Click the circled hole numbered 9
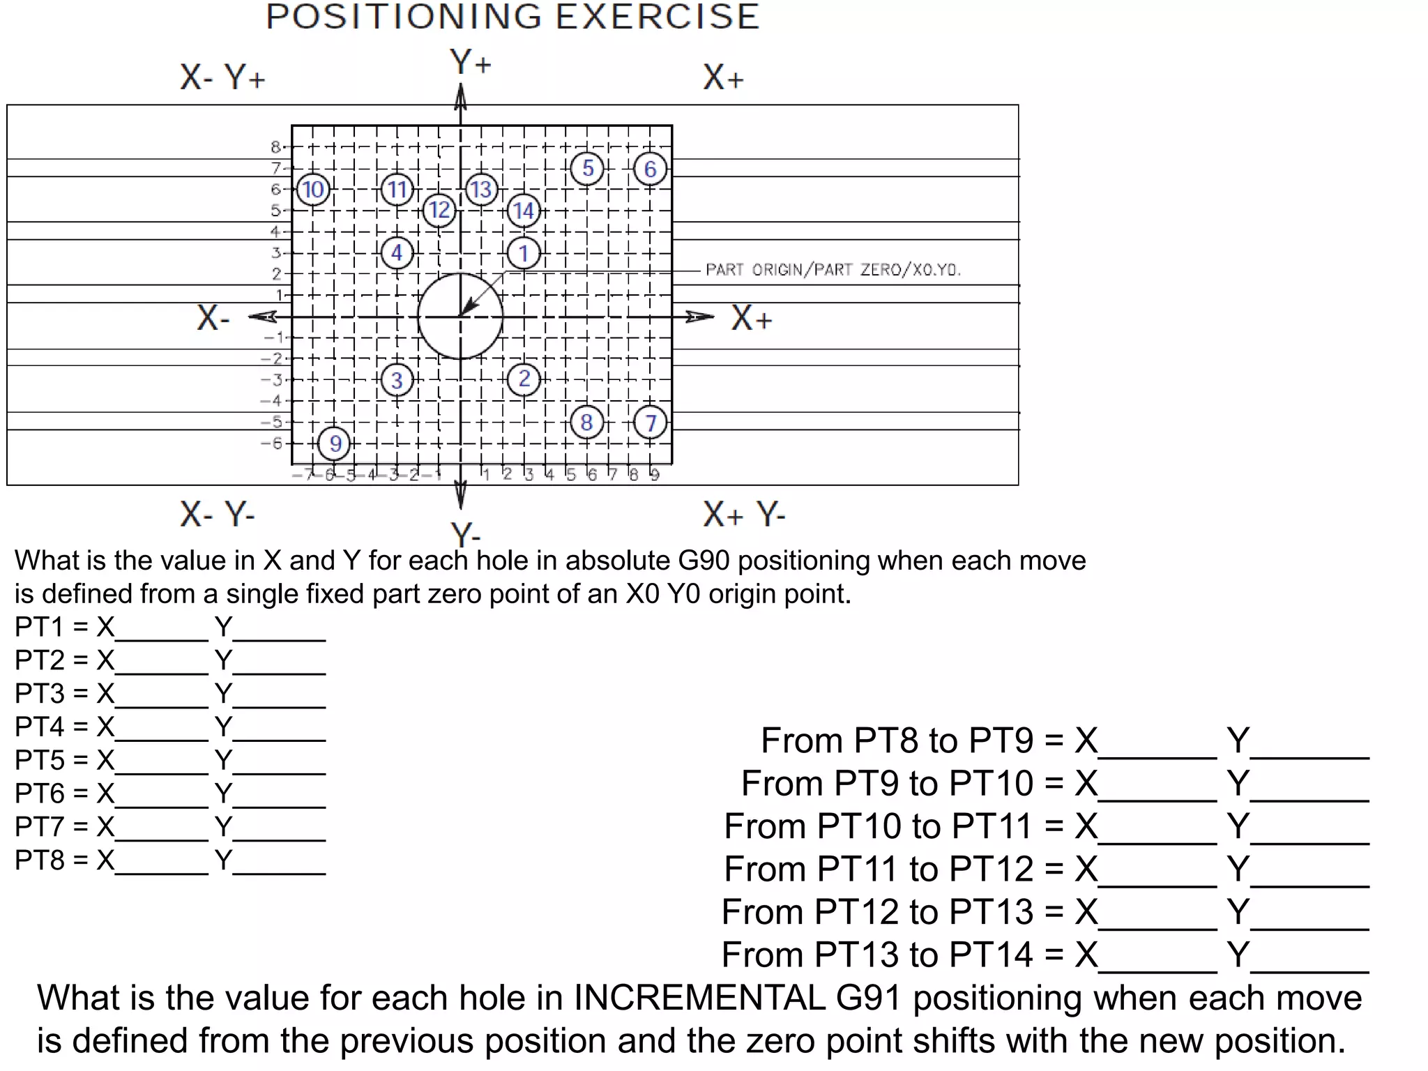(x=335, y=443)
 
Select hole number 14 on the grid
(x=524, y=211)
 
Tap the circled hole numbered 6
(x=650, y=169)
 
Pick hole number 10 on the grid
(x=313, y=190)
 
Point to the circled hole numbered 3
(x=397, y=380)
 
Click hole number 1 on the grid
(x=524, y=253)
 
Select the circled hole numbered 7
(x=650, y=423)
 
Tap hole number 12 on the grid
(x=439, y=210)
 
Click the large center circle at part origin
(x=460, y=317)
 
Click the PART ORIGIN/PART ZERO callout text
(x=833, y=270)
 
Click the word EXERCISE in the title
(x=657, y=17)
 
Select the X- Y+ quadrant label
(x=222, y=77)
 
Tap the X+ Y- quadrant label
(x=743, y=515)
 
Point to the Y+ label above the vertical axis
(x=470, y=62)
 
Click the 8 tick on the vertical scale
(x=276, y=147)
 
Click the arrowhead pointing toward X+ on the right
(x=699, y=317)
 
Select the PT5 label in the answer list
(x=40, y=760)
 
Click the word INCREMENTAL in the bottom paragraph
(x=699, y=998)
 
